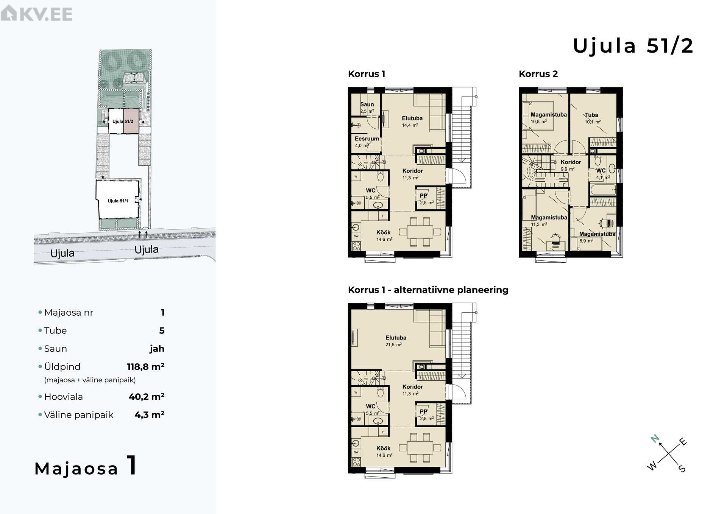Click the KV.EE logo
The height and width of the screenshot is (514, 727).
tap(36, 14)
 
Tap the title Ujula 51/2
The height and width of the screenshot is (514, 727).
tap(633, 46)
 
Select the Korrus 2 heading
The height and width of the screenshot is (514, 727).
tap(538, 74)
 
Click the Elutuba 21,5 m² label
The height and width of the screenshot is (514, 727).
tap(396, 341)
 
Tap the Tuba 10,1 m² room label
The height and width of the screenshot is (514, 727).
tap(592, 118)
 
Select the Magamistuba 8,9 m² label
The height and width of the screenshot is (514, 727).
tap(597, 237)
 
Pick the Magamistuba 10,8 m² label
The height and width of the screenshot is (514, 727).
tap(549, 118)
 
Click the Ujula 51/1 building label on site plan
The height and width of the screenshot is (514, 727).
tap(118, 201)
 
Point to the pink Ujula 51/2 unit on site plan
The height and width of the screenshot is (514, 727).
tap(131, 121)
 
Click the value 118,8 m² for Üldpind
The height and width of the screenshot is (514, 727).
tap(146, 366)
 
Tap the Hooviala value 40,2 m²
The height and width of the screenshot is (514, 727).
tap(147, 397)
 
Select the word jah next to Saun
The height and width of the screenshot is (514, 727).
tap(157, 349)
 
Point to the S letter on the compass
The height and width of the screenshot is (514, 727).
tap(682, 469)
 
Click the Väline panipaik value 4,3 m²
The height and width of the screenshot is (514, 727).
tap(150, 415)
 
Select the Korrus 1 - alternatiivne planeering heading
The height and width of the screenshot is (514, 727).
tap(428, 290)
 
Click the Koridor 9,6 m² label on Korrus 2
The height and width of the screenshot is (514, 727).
tap(571, 165)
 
